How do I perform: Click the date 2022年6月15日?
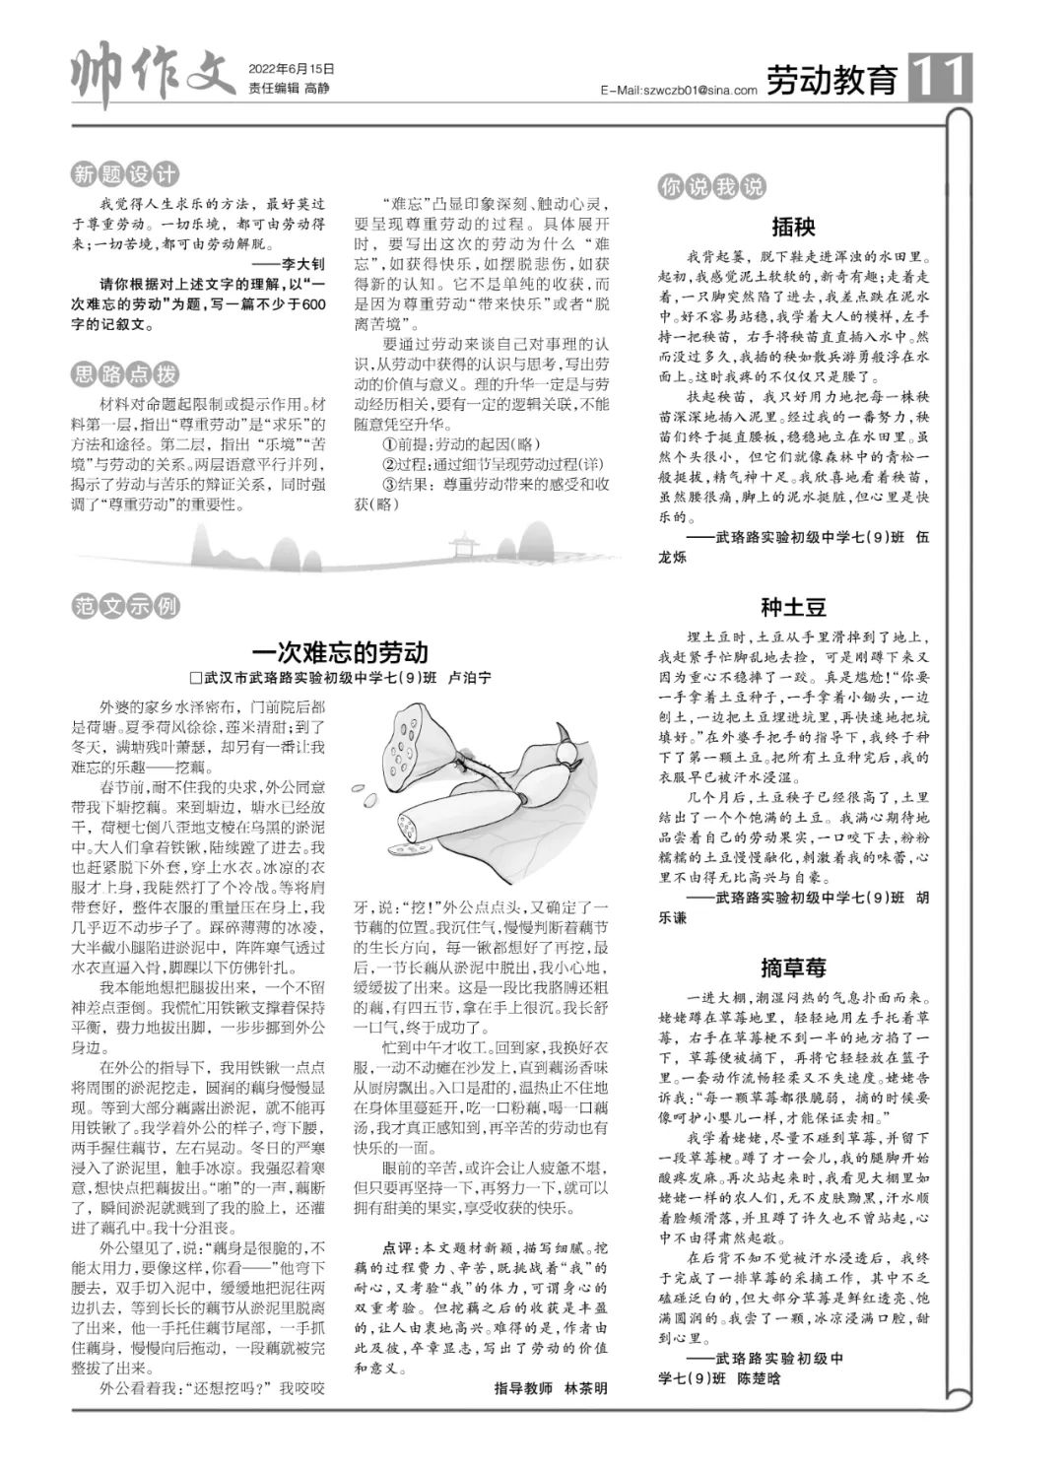292,69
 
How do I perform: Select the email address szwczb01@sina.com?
678,90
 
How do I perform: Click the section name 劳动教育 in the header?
832,80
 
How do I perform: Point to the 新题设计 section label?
125,175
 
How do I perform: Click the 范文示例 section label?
125,606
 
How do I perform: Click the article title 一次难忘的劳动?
340,652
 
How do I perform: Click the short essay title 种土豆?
793,607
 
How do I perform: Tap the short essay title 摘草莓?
793,967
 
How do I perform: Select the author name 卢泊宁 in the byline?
469,679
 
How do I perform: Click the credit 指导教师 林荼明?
551,1388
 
